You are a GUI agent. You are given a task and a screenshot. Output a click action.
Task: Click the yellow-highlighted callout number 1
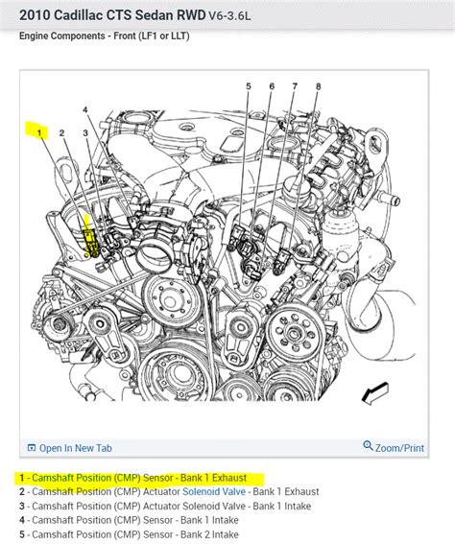pos(39,132)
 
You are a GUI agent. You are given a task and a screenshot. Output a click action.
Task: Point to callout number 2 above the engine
pos(61,132)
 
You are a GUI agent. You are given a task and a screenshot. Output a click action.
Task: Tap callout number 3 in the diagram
pos(85,132)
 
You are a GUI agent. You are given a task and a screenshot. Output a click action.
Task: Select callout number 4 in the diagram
pos(85,110)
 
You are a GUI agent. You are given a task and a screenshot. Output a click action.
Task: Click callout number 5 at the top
pos(249,86)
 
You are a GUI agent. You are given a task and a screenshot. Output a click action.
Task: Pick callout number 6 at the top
pos(272,86)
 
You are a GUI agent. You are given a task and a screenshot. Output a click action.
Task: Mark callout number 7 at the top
pos(295,86)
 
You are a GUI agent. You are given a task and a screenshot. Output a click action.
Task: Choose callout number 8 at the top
pos(319,86)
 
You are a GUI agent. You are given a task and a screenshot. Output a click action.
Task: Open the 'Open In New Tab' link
pos(75,448)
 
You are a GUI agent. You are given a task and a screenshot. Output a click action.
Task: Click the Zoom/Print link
pos(399,448)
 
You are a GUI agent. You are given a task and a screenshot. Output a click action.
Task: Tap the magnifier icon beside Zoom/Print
pos(368,445)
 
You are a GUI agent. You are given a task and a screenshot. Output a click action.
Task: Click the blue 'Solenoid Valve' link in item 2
pos(214,492)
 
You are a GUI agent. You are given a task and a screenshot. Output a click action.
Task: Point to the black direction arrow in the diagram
pos(374,393)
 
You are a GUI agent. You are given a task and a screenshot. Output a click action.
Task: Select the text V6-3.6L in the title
pos(229,16)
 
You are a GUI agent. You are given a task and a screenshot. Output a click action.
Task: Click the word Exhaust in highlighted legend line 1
pos(229,478)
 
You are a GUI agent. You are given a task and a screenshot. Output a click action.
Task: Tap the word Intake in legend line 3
pos(297,507)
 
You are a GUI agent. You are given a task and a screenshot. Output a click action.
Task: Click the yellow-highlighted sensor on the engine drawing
pos(91,241)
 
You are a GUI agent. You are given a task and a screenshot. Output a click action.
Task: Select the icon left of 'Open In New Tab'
pos(32,448)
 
